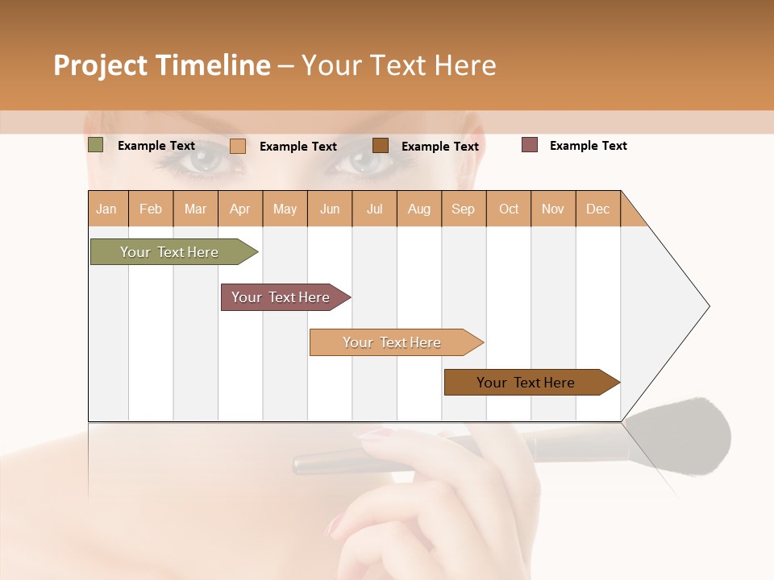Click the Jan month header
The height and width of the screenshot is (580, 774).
pos(107,209)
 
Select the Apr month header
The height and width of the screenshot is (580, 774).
pos(240,209)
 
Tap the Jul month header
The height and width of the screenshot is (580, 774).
pos(374,209)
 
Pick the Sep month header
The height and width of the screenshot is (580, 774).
pos(464,209)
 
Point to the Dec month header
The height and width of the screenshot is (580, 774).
pos(597,209)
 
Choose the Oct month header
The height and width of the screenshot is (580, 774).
pos(509,209)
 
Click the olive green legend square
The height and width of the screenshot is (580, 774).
pos(95,145)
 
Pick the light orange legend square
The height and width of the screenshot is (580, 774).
pos(237,146)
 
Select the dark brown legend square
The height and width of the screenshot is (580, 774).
pos(381,145)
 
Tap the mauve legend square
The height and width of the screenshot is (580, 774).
pos(530,145)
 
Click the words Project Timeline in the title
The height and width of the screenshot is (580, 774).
pos(162,65)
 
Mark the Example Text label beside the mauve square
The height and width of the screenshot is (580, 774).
pos(588,146)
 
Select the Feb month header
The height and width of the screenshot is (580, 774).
pos(151,209)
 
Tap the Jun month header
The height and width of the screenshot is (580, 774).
pos(330,209)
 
